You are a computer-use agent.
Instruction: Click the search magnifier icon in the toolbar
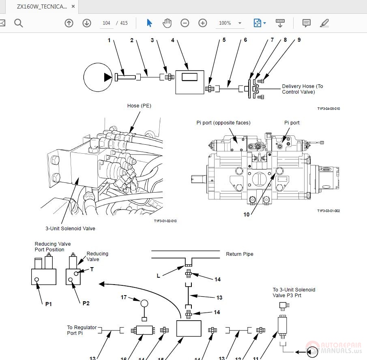[x=19, y=23]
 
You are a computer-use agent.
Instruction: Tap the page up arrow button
[x=69, y=23]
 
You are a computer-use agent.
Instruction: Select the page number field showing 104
[x=106, y=23]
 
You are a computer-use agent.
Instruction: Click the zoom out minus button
[x=185, y=23]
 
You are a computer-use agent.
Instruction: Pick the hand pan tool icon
[x=167, y=23]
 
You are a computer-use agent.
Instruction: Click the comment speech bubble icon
[x=307, y=23]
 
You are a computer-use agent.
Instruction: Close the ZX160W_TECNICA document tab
[x=73, y=6]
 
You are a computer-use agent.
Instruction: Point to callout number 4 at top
[x=173, y=40]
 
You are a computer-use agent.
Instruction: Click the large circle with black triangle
[x=97, y=77]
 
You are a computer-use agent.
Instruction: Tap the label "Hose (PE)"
[x=139, y=106]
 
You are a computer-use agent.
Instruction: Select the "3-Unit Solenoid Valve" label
[x=70, y=229]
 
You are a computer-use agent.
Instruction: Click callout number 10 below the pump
[x=247, y=214]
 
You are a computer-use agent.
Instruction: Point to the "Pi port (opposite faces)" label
[x=223, y=122]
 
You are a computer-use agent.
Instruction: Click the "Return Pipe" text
[x=239, y=254]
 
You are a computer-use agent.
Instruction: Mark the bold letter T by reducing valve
[x=92, y=269]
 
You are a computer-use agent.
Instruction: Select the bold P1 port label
[x=49, y=304]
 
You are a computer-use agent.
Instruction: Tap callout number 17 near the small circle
[x=124, y=297]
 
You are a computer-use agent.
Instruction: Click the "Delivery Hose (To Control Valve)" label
[x=303, y=89]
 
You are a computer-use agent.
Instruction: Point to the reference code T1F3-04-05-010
[x=328, y=109]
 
